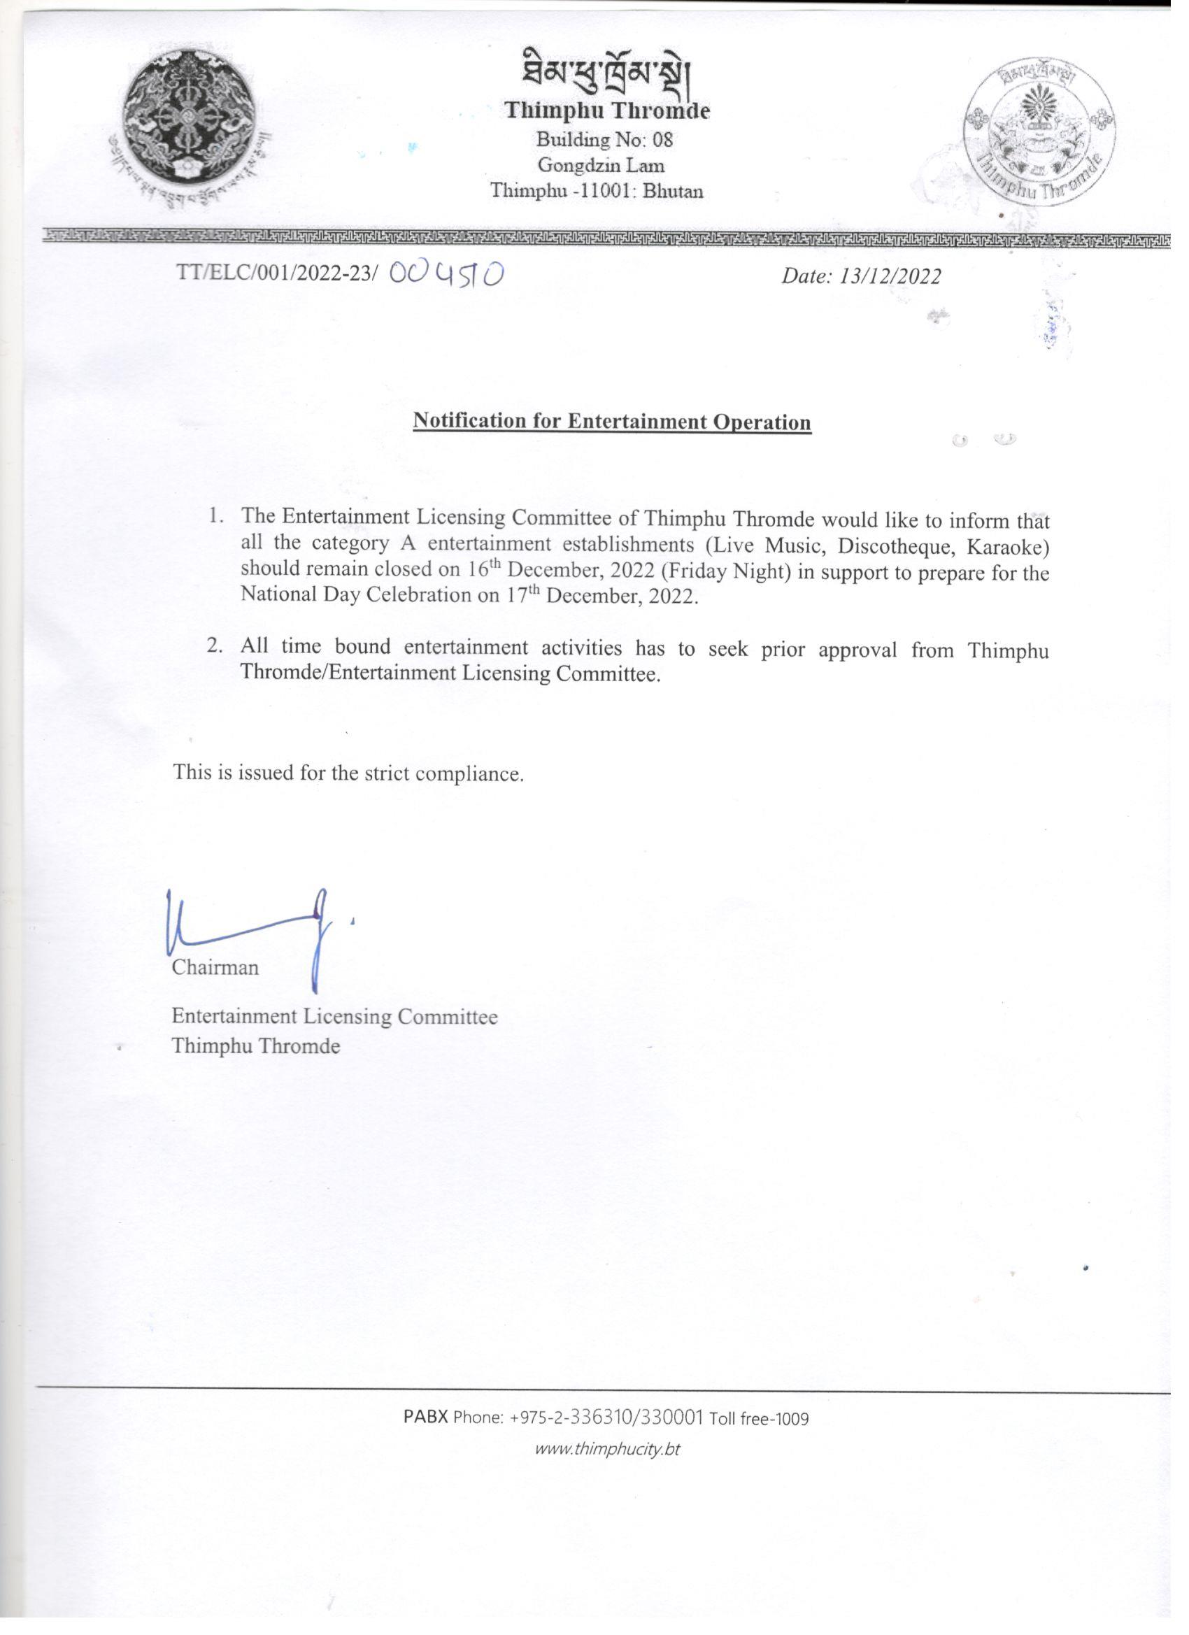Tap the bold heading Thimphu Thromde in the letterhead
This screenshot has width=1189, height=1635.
tap(606, 110)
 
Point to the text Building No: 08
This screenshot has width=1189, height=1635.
tap(604, 139)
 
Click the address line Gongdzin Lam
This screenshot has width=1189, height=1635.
tap(601, 165)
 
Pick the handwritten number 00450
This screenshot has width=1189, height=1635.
tap(446, 274)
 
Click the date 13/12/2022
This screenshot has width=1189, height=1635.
tap(890, 277)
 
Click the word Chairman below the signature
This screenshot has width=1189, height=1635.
tap(215, 966)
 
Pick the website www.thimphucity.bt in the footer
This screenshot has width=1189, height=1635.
tap(607, 1448)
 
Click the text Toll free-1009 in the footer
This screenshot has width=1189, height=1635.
tap(760, 1419)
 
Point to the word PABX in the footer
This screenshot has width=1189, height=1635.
tap(425, 1417)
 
